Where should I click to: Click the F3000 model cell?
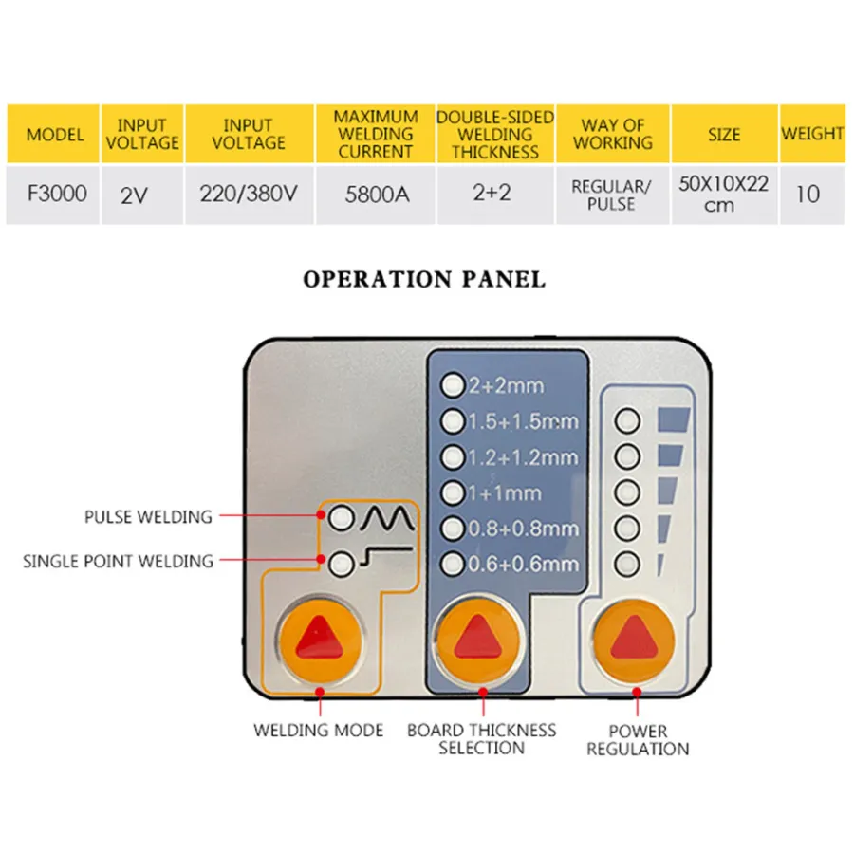point(56,195)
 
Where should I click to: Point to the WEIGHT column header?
point(812,134)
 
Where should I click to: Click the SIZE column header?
point(724,134)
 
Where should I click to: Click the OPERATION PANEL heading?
point(424,280)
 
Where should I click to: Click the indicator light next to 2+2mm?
point(454,385)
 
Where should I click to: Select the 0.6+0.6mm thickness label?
point(523,564)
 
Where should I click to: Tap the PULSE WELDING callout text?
point(148,517)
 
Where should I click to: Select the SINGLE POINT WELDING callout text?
point(118,561)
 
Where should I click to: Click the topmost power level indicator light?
point(626,420)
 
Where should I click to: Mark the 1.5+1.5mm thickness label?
point(523,421)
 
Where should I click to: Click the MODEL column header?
point(56,134)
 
